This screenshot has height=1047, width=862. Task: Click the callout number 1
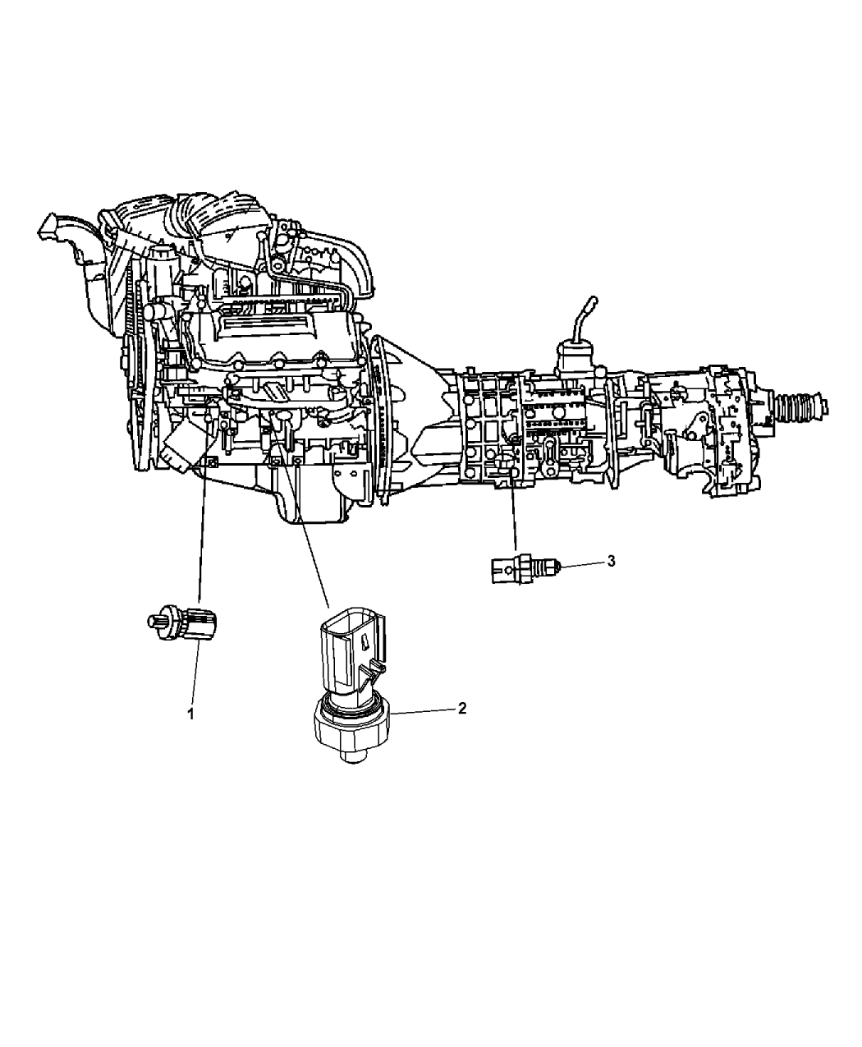(190, 714)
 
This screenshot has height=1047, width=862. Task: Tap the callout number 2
(462, 708)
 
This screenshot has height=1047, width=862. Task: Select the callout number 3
(611, 561)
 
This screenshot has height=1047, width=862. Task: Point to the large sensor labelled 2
(352, 691)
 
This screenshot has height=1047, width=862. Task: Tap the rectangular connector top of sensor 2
(352, 652)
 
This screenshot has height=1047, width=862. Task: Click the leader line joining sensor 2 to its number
(424, 711)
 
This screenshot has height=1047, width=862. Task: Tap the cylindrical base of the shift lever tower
(576, 359)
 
